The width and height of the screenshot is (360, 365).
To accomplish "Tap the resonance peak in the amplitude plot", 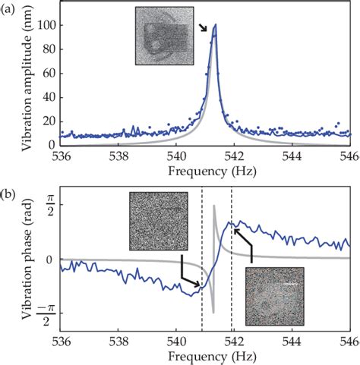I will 215,26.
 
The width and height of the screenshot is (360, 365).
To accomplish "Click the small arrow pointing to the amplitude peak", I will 204,28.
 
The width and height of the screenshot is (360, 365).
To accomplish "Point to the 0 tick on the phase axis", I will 50,260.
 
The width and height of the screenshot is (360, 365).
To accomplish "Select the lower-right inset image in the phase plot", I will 274,296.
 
